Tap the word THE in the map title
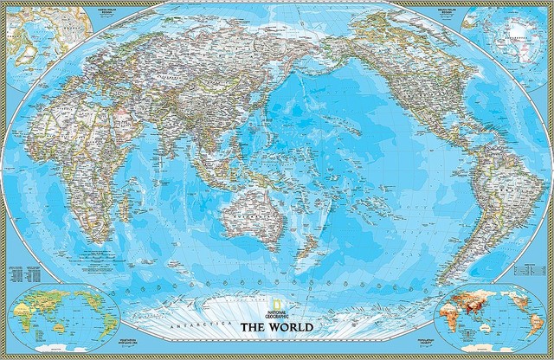pos(251,328)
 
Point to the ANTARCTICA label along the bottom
pos(204,321)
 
